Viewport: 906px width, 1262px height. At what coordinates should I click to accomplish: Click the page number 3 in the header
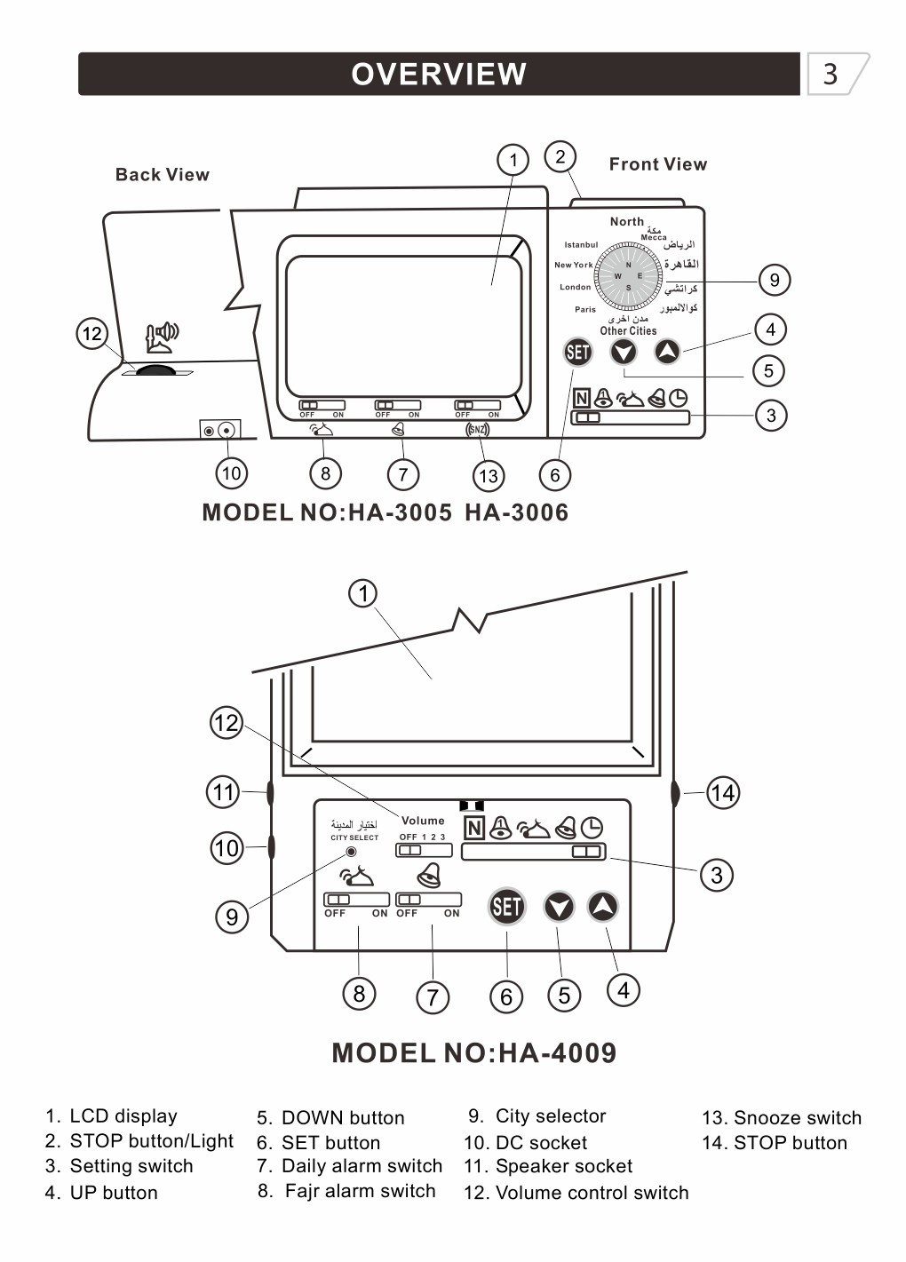coord(830,74)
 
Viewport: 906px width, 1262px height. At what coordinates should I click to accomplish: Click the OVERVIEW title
coord(439,74)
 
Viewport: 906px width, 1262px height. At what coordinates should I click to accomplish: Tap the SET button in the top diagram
coord(577,353)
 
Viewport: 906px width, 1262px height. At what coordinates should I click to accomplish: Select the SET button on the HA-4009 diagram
coord(506,907)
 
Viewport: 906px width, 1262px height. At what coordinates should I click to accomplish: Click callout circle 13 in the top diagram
coord(488,476)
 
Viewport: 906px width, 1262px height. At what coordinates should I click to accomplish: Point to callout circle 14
coord(722,792)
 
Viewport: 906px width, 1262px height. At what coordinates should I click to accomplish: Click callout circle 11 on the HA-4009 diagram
coord(224,791)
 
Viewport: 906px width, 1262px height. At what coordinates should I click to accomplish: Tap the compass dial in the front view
coord(628,276)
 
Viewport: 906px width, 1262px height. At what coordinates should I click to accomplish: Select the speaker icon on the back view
coord(162,336)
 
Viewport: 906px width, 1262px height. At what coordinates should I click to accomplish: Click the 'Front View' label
coord(657,164)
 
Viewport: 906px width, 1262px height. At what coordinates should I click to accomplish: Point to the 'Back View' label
coord(163,175)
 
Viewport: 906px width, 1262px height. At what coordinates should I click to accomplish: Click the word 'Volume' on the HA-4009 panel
coord(423,821)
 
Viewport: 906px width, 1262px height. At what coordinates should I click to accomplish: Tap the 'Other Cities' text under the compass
coord(628,331)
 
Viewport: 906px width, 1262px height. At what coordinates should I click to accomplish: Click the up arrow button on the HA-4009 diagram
coord(603,907)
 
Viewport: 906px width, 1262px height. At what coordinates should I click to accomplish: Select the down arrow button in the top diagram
coord(624,353)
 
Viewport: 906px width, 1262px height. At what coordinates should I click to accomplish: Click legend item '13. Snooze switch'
coord(782,1118)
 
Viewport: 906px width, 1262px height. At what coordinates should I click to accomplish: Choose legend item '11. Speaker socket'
coord(548,1166)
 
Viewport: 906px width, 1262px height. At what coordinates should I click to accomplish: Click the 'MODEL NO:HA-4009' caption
coord(473,1053)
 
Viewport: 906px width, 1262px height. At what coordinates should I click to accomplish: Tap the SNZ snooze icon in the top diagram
coord(478,430)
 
